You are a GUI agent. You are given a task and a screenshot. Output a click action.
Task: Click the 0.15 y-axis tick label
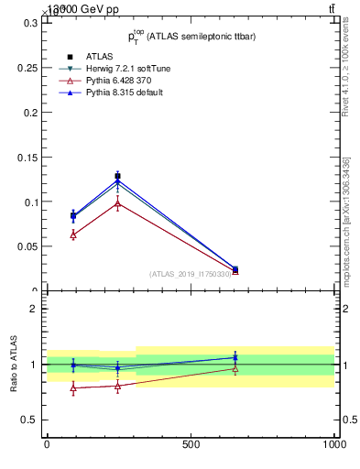click(x=27, y=157)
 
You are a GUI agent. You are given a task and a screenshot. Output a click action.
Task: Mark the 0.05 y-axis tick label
click(x=27, y=246)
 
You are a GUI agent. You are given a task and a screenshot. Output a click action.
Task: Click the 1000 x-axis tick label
click(x=334, y=444)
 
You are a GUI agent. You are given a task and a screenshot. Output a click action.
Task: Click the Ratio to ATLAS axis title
click(x=13, y=365)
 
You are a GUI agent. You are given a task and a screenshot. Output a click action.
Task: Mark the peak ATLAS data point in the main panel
click(x=117, y=176)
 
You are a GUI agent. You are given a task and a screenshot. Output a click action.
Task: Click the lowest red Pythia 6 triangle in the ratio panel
click(x=73, y=388)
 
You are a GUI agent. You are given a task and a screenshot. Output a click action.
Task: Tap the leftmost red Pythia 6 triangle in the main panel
click(x=73, y=234)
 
